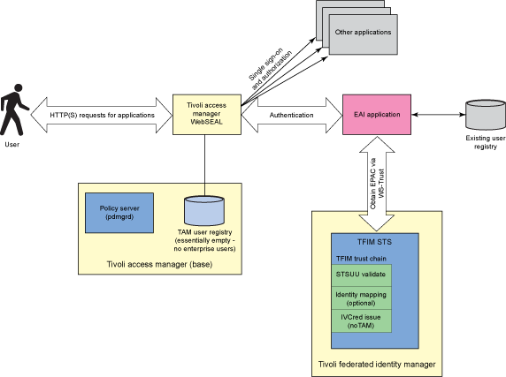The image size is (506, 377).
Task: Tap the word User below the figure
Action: click(x=12, y=144)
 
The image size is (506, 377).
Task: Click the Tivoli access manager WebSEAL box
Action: click(x=204, y=115)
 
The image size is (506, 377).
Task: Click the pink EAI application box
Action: click(x=377, y=115)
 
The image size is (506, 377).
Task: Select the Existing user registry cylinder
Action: click(x=483, y=115)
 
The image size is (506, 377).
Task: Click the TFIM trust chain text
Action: click(x=363, y=258)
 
